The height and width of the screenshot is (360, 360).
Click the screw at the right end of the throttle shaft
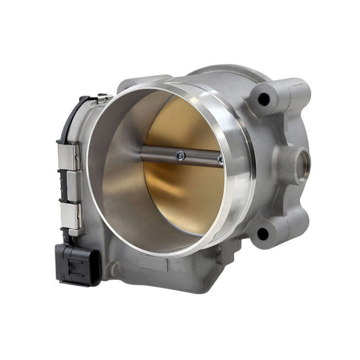(220, 160)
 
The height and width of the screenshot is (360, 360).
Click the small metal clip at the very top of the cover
(102, 96)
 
